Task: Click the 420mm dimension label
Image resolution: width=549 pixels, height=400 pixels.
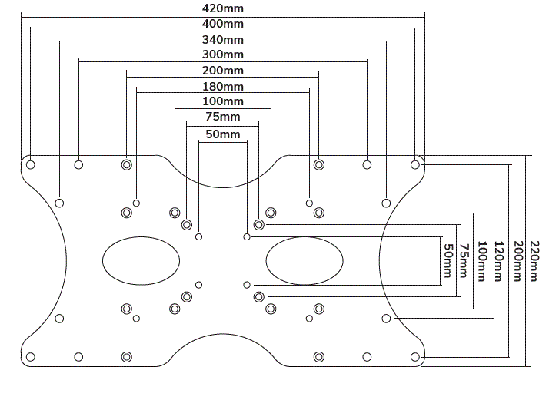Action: pyautogui.click(x=223, y=8)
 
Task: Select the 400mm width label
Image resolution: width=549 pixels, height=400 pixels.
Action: pyautogui.click(x=223, y=24)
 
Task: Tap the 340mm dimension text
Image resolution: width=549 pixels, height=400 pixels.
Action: pyautogui.click(x=223, y=39)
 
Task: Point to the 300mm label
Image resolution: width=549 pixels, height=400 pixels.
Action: pyautogui.click(x=223, y=55)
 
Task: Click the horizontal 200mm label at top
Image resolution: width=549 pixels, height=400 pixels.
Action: pyautogui.click(x=223, y=71)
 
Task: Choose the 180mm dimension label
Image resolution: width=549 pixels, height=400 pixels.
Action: pyautogui.click(x=223, y=86)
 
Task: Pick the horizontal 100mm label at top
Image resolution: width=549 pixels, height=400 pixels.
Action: pyautogui.click(x=223, y=101)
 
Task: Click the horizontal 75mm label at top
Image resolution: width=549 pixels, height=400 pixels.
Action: pyautogui.click(x=223, y=117)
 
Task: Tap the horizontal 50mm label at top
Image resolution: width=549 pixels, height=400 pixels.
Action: pyautogui.click(x=223, y=134)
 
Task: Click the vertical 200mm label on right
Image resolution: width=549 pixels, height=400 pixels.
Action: pyautogui.click(x=517, y=261)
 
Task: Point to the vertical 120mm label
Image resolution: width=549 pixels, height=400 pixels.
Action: pyautogui.click(x=499, y=261)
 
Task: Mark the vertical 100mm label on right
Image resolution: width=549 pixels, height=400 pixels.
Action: pyautogui.click(x=482, y=261)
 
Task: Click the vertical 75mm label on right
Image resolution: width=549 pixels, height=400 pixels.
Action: pyautogui.click(x=464, y=261)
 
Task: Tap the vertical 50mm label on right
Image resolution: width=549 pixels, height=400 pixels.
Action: pyautogui.click(x=448, y=261)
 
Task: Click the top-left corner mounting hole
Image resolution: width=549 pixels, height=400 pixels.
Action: pyautogui.click(x=31, y=164)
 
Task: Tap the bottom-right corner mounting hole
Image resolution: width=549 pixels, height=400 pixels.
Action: pyautogui.click(x=415, y=357)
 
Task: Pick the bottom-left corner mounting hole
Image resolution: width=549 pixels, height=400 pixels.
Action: pyautogui.click(x=31, y=357)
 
